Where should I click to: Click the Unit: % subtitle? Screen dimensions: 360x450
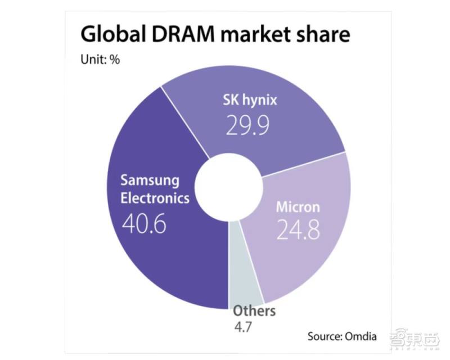[x=100, y=60]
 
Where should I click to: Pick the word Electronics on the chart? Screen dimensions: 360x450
[x=155, y=199]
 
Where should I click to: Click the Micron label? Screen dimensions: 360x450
[x=298, y=206]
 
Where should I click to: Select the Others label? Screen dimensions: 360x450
[x=254, y=311]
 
